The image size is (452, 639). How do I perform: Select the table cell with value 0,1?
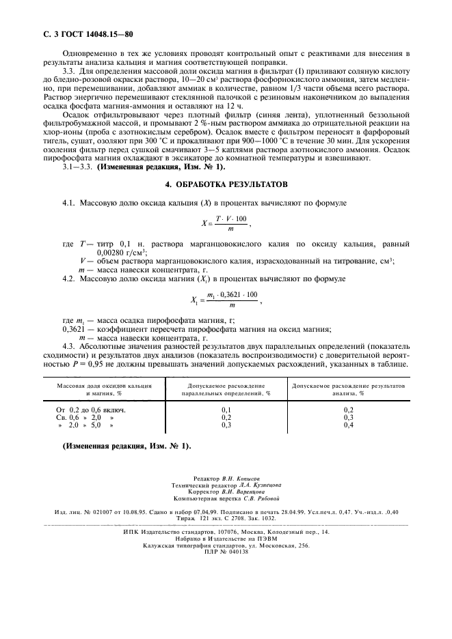coord(226,408)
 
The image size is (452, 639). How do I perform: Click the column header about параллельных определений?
coord(226,389)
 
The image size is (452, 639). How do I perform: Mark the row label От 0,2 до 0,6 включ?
coord(90,408)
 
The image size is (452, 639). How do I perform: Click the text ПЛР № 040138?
coord(226,552)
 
